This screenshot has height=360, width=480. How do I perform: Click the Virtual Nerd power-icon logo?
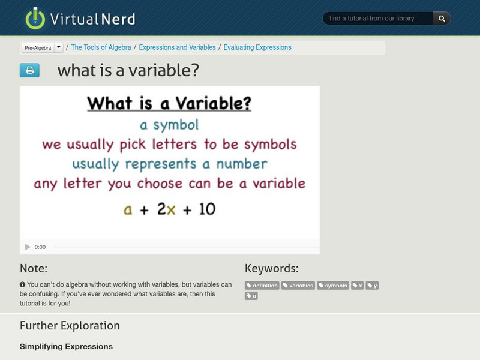[x=35, y=18]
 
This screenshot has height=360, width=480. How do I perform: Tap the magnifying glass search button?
[x=442, y=19]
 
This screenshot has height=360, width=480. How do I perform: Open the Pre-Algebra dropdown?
[x=58, y=47]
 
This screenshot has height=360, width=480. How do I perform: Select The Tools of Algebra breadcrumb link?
[x=101, y=47]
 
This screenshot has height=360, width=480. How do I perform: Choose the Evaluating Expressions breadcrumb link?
[x=257, y=47]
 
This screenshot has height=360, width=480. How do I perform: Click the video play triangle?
[x=28, y=247]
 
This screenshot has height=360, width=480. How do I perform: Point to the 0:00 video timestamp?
[x=40, y=247]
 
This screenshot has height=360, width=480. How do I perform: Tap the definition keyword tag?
[x=262, y=286]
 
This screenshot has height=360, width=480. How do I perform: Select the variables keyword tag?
[x=298, y=286]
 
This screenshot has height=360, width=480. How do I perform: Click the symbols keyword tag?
[x=333, y=286]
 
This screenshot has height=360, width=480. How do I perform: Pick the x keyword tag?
[x=358, y=286]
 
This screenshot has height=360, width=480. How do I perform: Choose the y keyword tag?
[x=373, y=286]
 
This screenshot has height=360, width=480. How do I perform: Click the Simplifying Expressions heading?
[x=66, y=346]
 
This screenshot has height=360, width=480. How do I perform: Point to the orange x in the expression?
[x=170, y=209]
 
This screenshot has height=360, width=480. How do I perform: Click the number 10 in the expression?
[x=207, y=209]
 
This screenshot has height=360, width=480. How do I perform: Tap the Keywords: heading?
[x=271, y=269]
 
